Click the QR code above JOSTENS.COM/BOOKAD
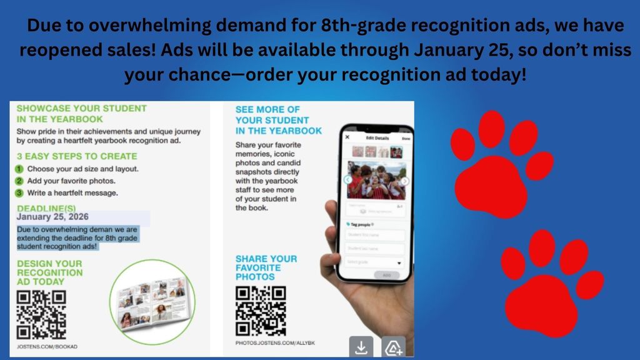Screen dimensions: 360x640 click(41, 315)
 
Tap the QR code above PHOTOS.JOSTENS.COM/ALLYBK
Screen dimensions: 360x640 click(261, 311)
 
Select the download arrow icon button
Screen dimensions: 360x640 click(361, 347)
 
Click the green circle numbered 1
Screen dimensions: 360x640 click(19, 169)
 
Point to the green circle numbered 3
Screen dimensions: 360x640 click(19, 192)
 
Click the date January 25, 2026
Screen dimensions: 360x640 click(52, 217)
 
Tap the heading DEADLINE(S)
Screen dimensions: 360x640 click(47, 207)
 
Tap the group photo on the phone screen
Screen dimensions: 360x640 click(376, 180)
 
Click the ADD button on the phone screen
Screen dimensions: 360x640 click(386, 275)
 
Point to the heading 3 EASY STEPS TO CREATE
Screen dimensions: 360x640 click(76, 156)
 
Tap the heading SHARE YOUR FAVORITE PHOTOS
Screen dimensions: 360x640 click(266, 267)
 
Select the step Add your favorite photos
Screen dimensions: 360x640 click(72, 181)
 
